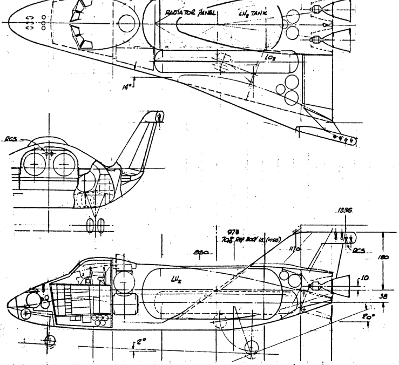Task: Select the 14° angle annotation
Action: pyautogui.click(x=126, y=84)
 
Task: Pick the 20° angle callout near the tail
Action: pyautogui.click(x=368, y=318)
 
